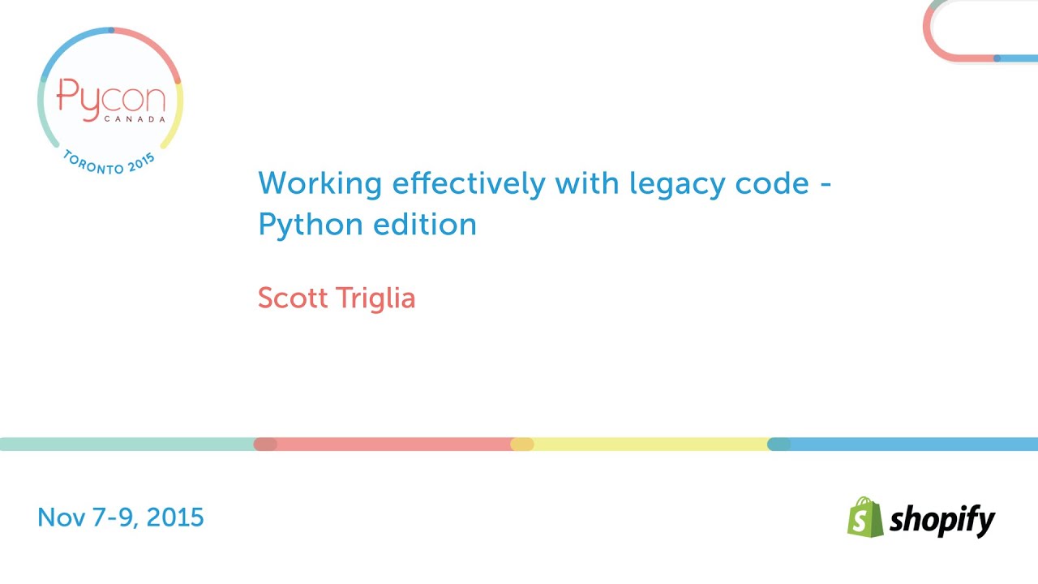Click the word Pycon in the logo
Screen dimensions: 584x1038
tap(110, 100)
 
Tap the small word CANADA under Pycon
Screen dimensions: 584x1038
tap(135, 118)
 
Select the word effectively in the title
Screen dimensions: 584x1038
tap(469, 184)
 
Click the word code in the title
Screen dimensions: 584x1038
tap(773, 184)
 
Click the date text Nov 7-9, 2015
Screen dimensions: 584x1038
tap(121, 517)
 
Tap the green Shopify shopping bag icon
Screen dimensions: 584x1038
tap(864, 517)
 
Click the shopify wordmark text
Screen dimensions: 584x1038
tap(941, 520)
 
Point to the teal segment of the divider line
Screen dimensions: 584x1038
tap(127, 444)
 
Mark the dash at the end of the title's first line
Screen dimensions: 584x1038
tap(825, 186)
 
